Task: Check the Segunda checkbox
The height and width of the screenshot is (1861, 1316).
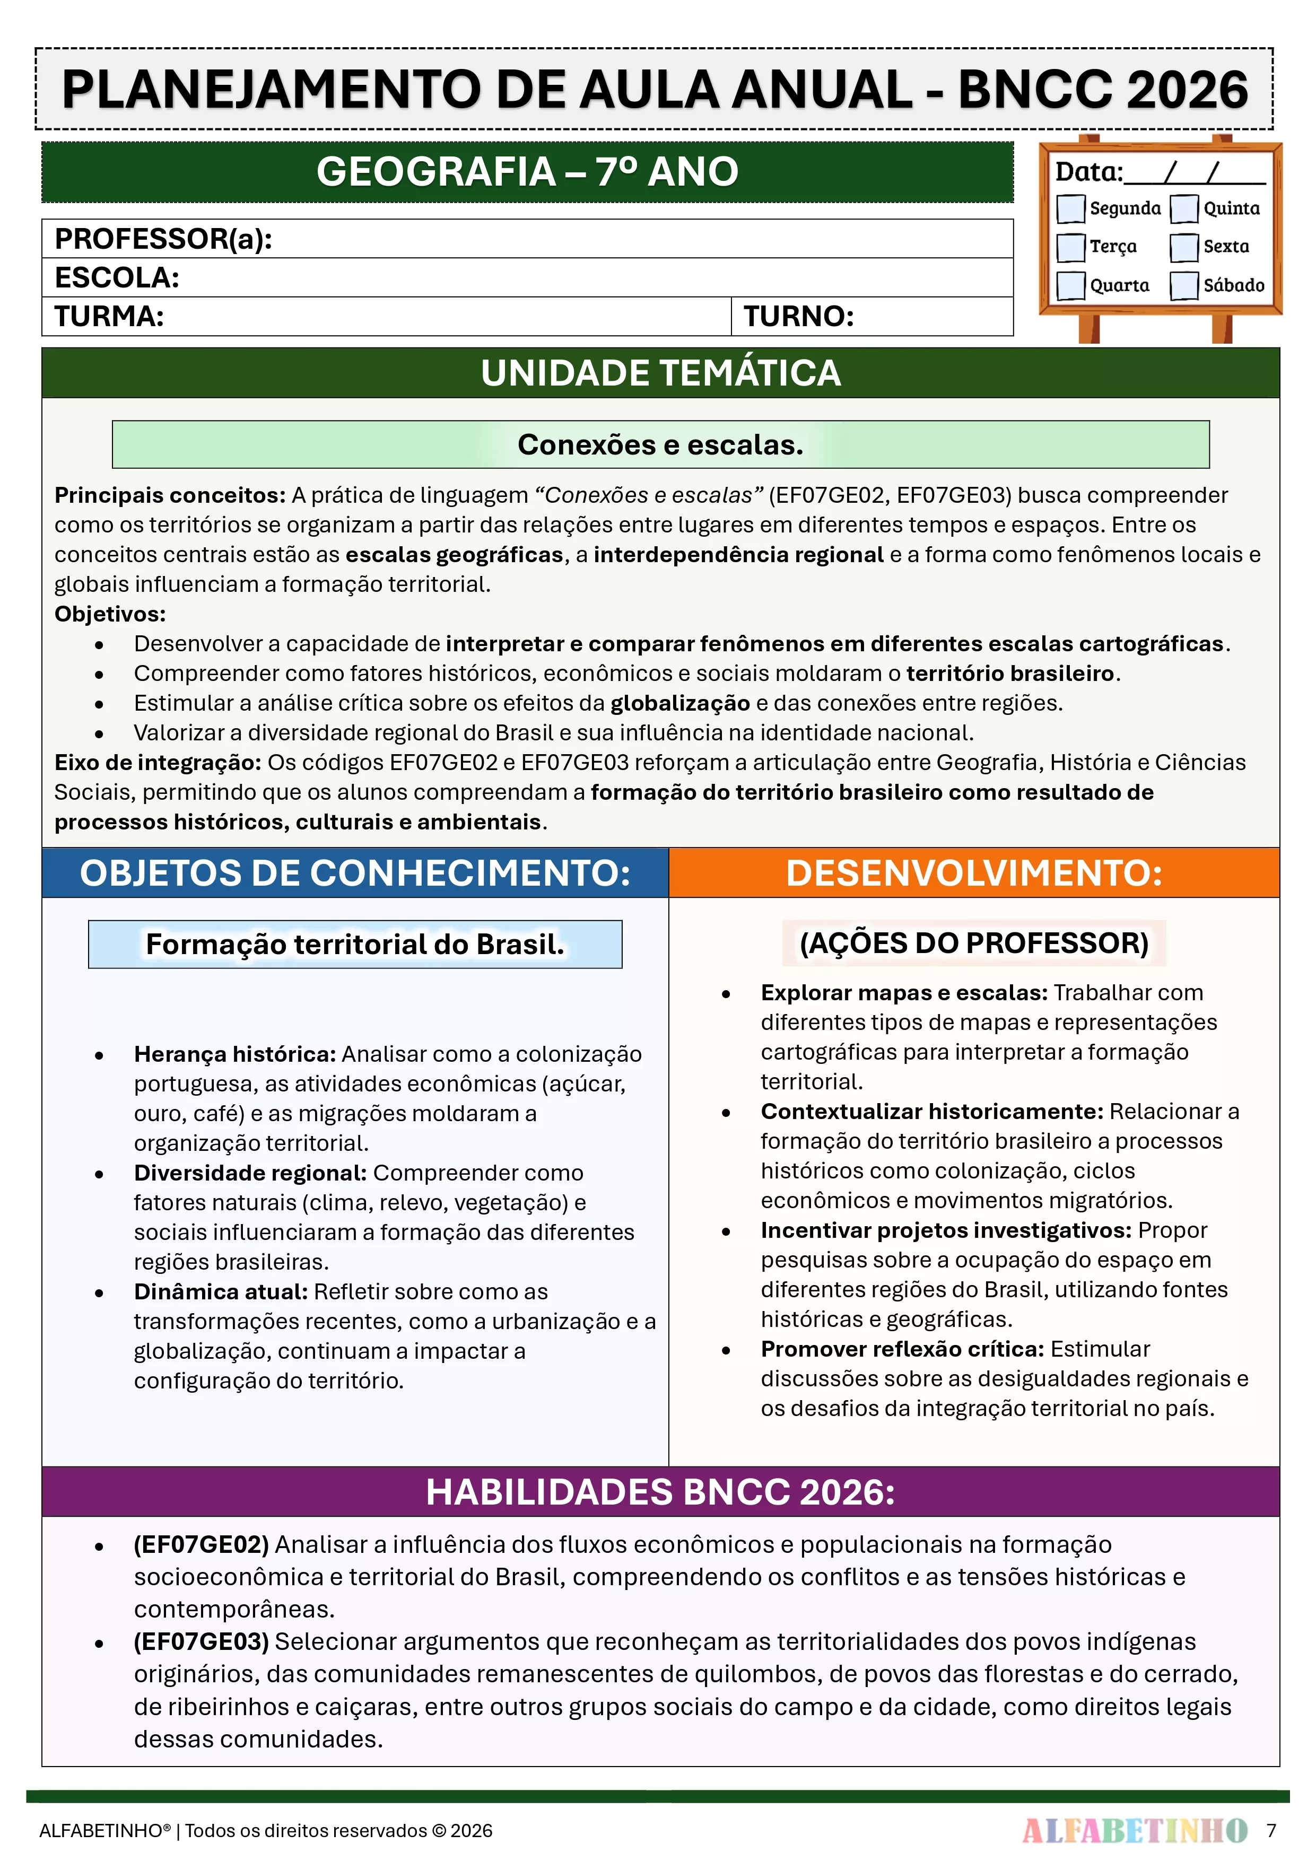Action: pyautogui.click(x=1070, y=208)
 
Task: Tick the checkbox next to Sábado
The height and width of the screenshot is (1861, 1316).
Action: pyautogui.click(x=1184, y=285)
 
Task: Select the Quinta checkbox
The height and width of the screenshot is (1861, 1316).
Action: pyautogui.click(x=1184, y=208)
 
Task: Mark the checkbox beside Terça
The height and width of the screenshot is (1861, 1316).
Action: pyautogui.click(x=1070, y=247)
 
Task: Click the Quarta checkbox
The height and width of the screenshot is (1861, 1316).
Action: pyautogui.click(x=1070, y=285)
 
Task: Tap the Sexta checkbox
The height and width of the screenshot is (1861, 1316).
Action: pyautogui.click(x=1184, y=247)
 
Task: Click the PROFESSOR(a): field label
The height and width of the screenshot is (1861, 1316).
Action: pyautogui.click(x=163, y=239)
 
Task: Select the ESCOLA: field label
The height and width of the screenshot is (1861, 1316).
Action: pyautogui.click(x=117, y=278)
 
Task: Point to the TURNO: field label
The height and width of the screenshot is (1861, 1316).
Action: pyautogui.click(x=799, y=316)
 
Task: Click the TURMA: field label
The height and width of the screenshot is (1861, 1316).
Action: pyautogui.click(x=109, y=316)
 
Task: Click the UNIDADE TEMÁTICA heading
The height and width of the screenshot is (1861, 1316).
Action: pyautogui.click(x=660, y=373)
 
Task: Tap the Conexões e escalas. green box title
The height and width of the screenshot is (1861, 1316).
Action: pyautogui.click(x=660, y=444)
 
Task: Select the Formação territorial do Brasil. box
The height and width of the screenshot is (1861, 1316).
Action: pyautogui.click(x=355, y=944)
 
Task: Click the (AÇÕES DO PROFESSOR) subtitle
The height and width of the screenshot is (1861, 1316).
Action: pyautogui.click(x=974, y=942)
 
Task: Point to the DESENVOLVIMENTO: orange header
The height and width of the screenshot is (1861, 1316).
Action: pyautogui.click(x=974, y=873)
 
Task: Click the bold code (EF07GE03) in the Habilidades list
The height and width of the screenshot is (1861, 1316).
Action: pyautogui.click(x=201, y=1641)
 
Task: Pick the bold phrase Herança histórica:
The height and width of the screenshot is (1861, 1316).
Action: pyautogui.click(x=234, y=1054)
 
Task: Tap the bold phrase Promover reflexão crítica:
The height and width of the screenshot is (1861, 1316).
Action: pyautogui.click(x=902, y=1349)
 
